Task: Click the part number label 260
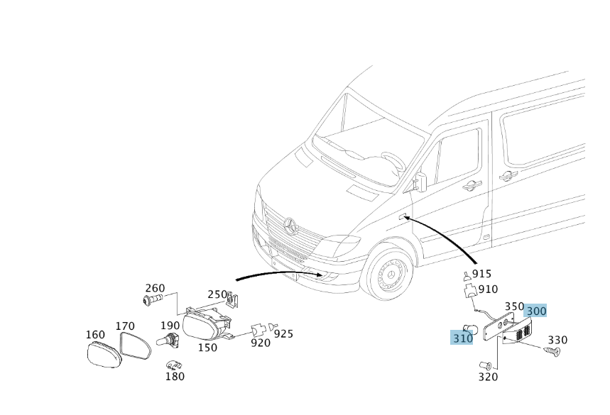pyautogui.click(x=155, y=289)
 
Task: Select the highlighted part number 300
pyautogui.click(x=536, y=311)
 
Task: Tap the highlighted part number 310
pyautogui.click(x=462, y=338)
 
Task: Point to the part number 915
pyautogui.click(x=481, y=274)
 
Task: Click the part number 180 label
pyautogui.click(x=175, y=376)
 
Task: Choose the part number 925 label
pyautogui.click(x=284, y=333)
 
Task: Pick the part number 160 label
pyautogui.click(x=95, y=335)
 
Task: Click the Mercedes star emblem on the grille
pyautogui.click(x=290, y=225)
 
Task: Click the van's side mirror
pyautogui.click(x=420, y=182)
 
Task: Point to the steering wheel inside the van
pyautogui.click(x=393, y=161)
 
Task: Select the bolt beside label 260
pyautogui.click(x=151, y=301)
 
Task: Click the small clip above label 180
pyautogui.click(x=173, y=365)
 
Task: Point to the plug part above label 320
pyautogui.click(x=486, y=365)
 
